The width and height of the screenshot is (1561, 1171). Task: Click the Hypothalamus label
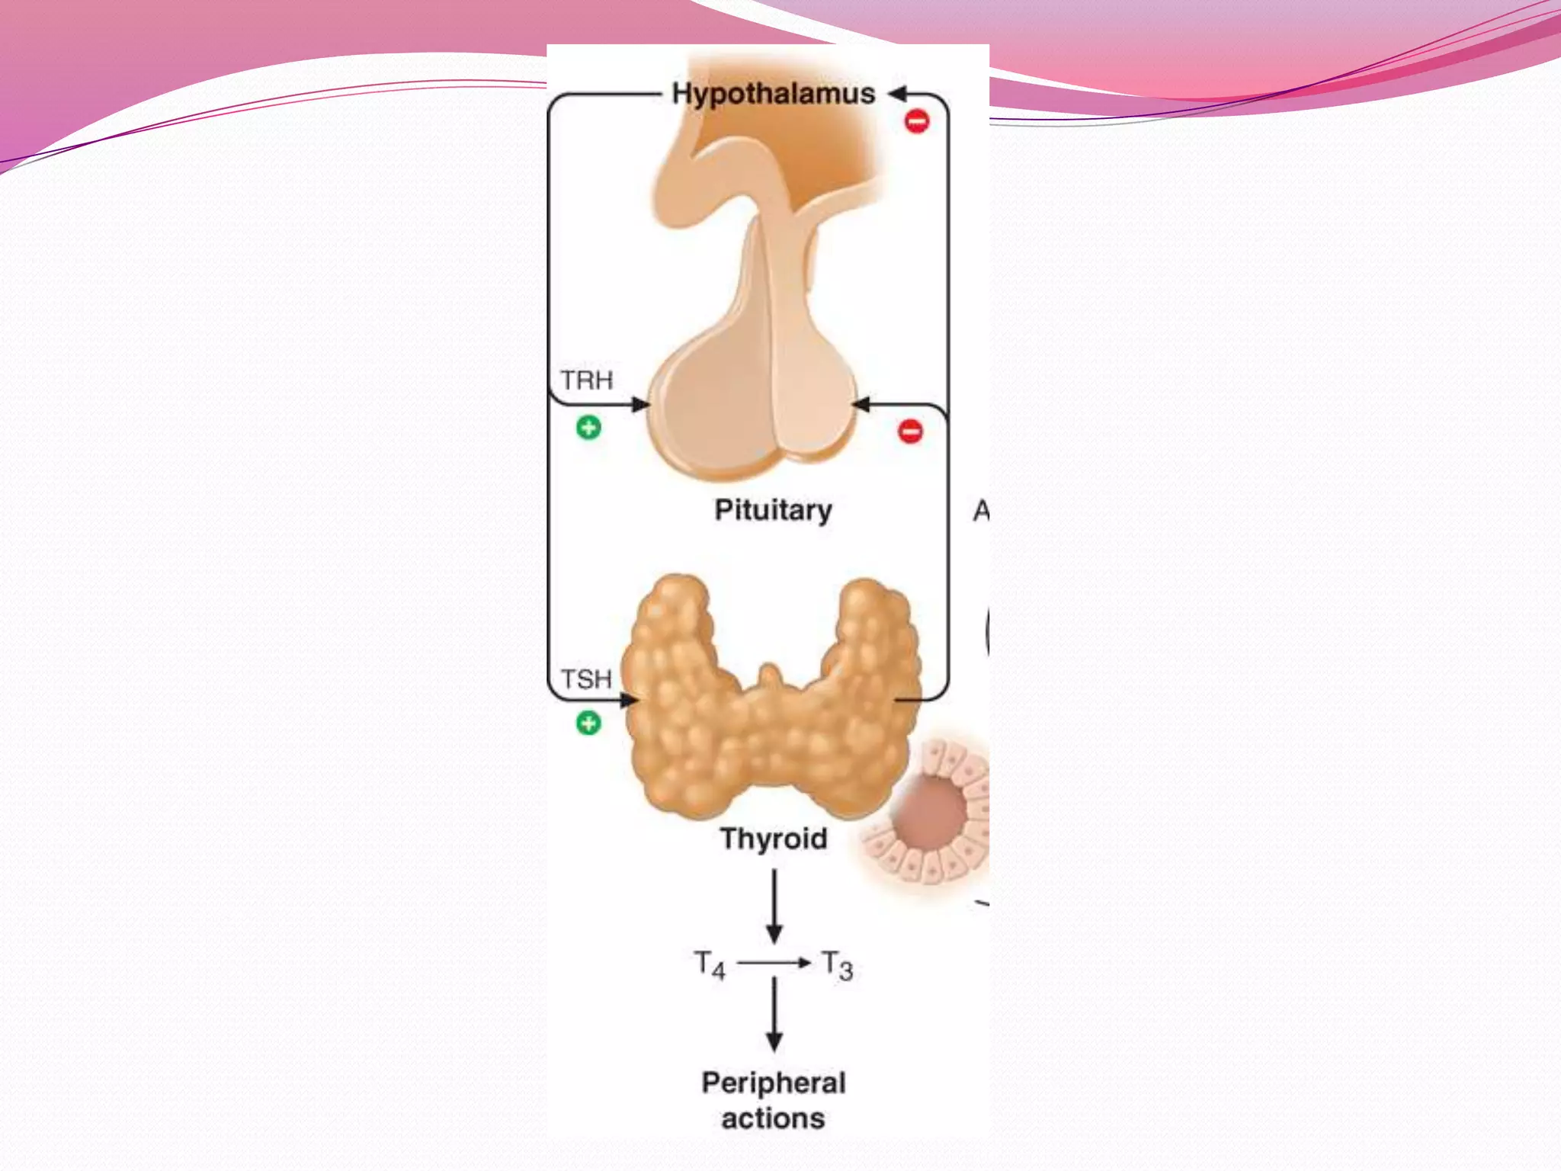tap(773, 94)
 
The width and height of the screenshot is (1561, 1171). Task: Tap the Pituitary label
tap(773, 510)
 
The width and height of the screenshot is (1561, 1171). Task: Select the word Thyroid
tap(774, 839)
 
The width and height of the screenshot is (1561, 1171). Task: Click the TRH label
tap(586, 380)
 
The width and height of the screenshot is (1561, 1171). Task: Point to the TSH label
tap(586, 679)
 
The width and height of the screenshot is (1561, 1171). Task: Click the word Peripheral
tap(774, 1083)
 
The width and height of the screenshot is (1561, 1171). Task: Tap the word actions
tap(773, 1118)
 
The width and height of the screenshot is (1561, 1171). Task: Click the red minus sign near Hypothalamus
tap(917, 120)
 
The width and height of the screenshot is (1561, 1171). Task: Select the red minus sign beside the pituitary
tap(910, 431)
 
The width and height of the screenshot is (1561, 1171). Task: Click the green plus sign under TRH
tap(588, 428)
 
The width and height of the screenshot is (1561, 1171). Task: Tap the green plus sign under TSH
tap(588, 723)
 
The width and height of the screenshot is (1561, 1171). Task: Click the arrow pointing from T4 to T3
tap(773, 963)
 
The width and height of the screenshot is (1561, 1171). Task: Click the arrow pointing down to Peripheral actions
tap(774, 1014)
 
